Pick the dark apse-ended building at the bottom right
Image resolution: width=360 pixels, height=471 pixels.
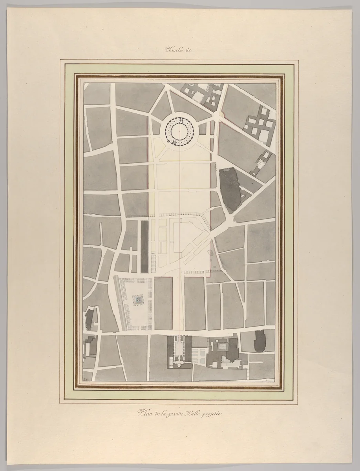[x=261, y=341]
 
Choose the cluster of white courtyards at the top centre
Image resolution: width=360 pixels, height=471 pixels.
[x=206, y=96]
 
